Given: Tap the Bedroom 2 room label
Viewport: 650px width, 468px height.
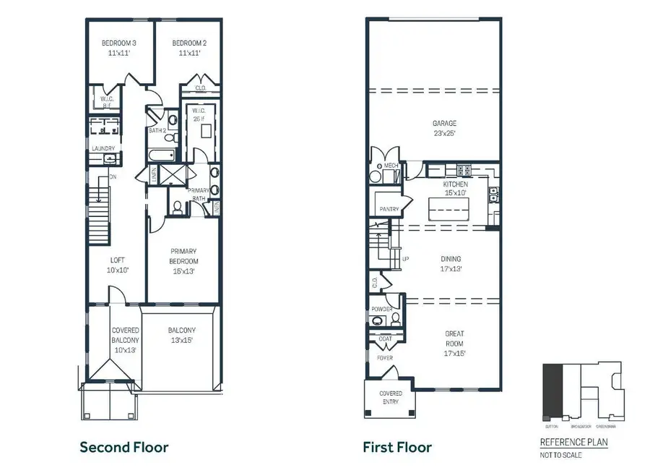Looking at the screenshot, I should [186, 48].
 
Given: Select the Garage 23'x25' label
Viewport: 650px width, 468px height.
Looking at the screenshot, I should [444, 128].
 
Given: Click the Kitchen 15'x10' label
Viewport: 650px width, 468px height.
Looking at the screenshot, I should [455, 189].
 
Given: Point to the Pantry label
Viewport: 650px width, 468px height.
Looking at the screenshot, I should [390, 209].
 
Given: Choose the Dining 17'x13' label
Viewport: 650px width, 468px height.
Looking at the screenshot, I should [451, 263].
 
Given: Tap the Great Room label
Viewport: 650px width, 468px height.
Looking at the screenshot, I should [455, 344].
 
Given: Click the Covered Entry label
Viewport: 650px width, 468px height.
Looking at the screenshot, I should [391, 398].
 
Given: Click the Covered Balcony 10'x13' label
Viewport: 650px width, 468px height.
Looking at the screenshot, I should [125, 340].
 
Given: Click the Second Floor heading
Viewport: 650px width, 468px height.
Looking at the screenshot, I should [123, 447].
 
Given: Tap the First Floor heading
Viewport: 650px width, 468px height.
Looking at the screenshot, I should [397, 447].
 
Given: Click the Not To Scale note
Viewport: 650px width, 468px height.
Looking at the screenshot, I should [561, 455].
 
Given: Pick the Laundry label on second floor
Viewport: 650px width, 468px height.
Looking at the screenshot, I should [103, 148].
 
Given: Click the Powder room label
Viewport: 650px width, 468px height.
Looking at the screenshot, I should [382, 309].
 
